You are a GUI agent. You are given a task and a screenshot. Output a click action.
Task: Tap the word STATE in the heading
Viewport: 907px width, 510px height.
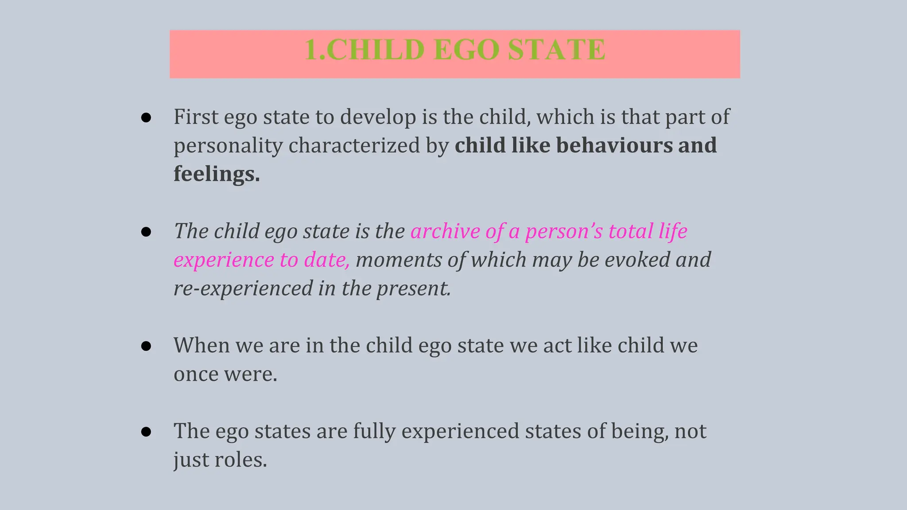pyautogui.click(x=556, y=50)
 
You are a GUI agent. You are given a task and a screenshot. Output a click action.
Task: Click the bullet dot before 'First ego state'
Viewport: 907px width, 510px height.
pyautogui.click(x=146, y=118)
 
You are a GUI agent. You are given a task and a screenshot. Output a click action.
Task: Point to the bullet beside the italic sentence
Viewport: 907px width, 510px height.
pyautogui.click(x=146, y=232)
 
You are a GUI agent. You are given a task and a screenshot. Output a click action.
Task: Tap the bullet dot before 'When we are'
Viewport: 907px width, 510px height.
pyautogui.click(x=146, y=346)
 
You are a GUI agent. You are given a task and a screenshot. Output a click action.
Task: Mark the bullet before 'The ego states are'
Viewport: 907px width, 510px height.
pyautogui.click(x=146, y=432)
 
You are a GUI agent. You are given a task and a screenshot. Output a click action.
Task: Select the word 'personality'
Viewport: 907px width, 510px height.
pyautogui.click(x=228, y=146)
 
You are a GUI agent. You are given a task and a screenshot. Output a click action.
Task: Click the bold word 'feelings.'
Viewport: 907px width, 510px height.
pyautogui.click(x=217, y=174)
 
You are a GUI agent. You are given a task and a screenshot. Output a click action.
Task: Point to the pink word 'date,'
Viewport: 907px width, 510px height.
pyautogui.click(x=327, y=260)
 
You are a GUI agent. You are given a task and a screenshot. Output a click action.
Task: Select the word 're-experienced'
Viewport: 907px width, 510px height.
pyautogui.click(x=243, y=288)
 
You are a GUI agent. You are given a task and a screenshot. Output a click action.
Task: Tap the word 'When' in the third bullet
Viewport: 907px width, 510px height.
pyautogui.click(x=202, y=345)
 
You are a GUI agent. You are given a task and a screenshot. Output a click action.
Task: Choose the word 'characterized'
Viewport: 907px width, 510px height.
pyautogui.click(x=354, y=146)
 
